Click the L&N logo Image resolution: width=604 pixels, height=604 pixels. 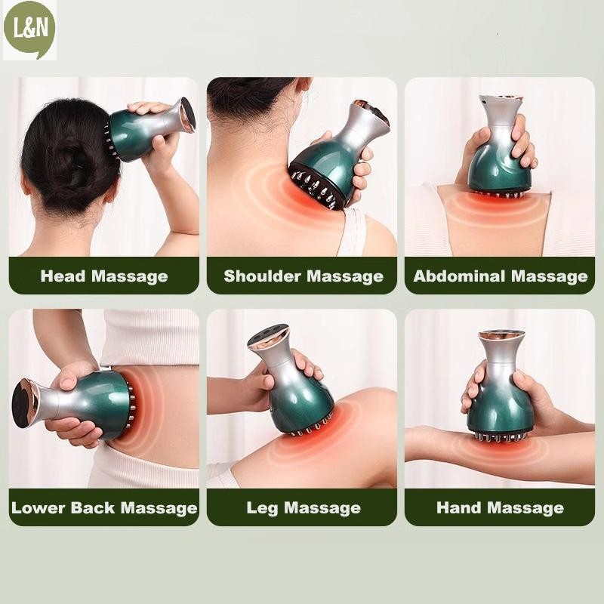pos(29,29)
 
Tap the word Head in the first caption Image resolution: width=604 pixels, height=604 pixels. pos(63,276)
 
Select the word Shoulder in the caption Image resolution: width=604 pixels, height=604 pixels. pos(262,276)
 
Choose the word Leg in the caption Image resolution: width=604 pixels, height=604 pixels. pos(262,508)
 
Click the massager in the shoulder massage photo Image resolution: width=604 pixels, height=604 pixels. pos(338,154)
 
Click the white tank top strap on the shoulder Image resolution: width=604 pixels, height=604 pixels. pos(354,231)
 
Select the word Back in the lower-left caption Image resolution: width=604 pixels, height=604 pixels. pos(92,507)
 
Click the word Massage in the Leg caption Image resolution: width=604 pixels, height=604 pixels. pos(322,508)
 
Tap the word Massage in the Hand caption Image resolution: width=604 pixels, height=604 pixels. pos(525,508)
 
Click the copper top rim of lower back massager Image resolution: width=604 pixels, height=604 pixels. pos(26,403)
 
